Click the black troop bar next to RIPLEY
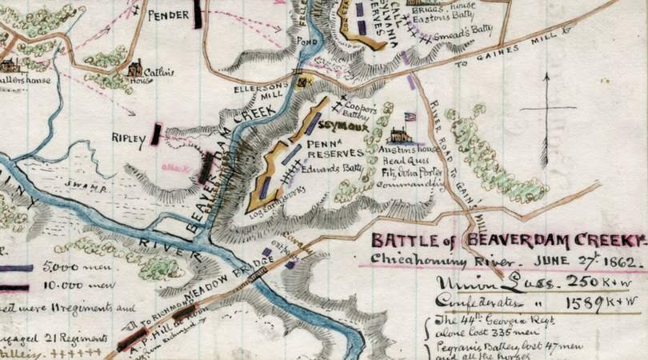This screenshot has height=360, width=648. click(x=157, y=135)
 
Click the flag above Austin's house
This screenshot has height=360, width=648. click(x=410, y=117)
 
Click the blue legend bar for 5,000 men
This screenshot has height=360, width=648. click(x=16, y=268)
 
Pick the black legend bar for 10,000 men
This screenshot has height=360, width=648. click(x=16, y=283)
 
